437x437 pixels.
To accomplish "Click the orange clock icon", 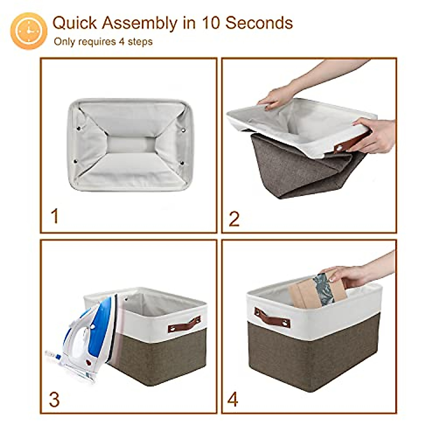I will click(x=29, y=31).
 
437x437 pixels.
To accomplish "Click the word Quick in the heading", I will click(x=75, y=23).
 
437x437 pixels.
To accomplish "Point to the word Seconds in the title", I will click(x=259, y=23).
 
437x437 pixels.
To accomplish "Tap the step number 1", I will click(x=55, y=216).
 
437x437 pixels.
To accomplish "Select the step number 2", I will click(x=234, y=219).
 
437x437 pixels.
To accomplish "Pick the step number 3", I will click(x=54, y=399).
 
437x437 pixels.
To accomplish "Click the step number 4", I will click(x=233, y=399).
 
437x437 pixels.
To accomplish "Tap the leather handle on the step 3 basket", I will click(x=184, y=324).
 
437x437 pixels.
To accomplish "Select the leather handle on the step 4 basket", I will click(x=272, y=318).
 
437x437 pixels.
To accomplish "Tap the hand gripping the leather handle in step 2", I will click(x=375, y=135).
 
